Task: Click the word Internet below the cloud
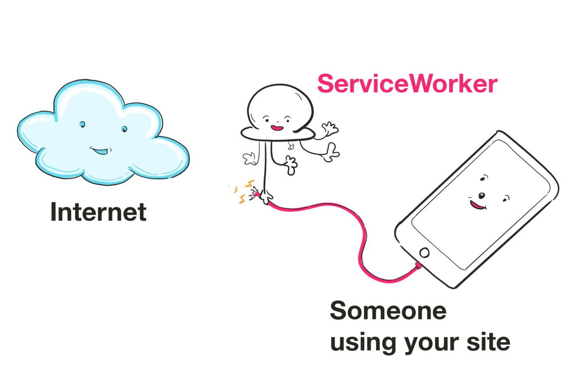click(x=98, y=212)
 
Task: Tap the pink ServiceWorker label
click(x=407, y=84)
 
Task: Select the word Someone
click(x=388, y=311)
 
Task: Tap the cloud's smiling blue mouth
click(x=100, y=150)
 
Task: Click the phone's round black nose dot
click(x=482, y=195)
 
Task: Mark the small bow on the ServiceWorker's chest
click(x=291, y=146)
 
